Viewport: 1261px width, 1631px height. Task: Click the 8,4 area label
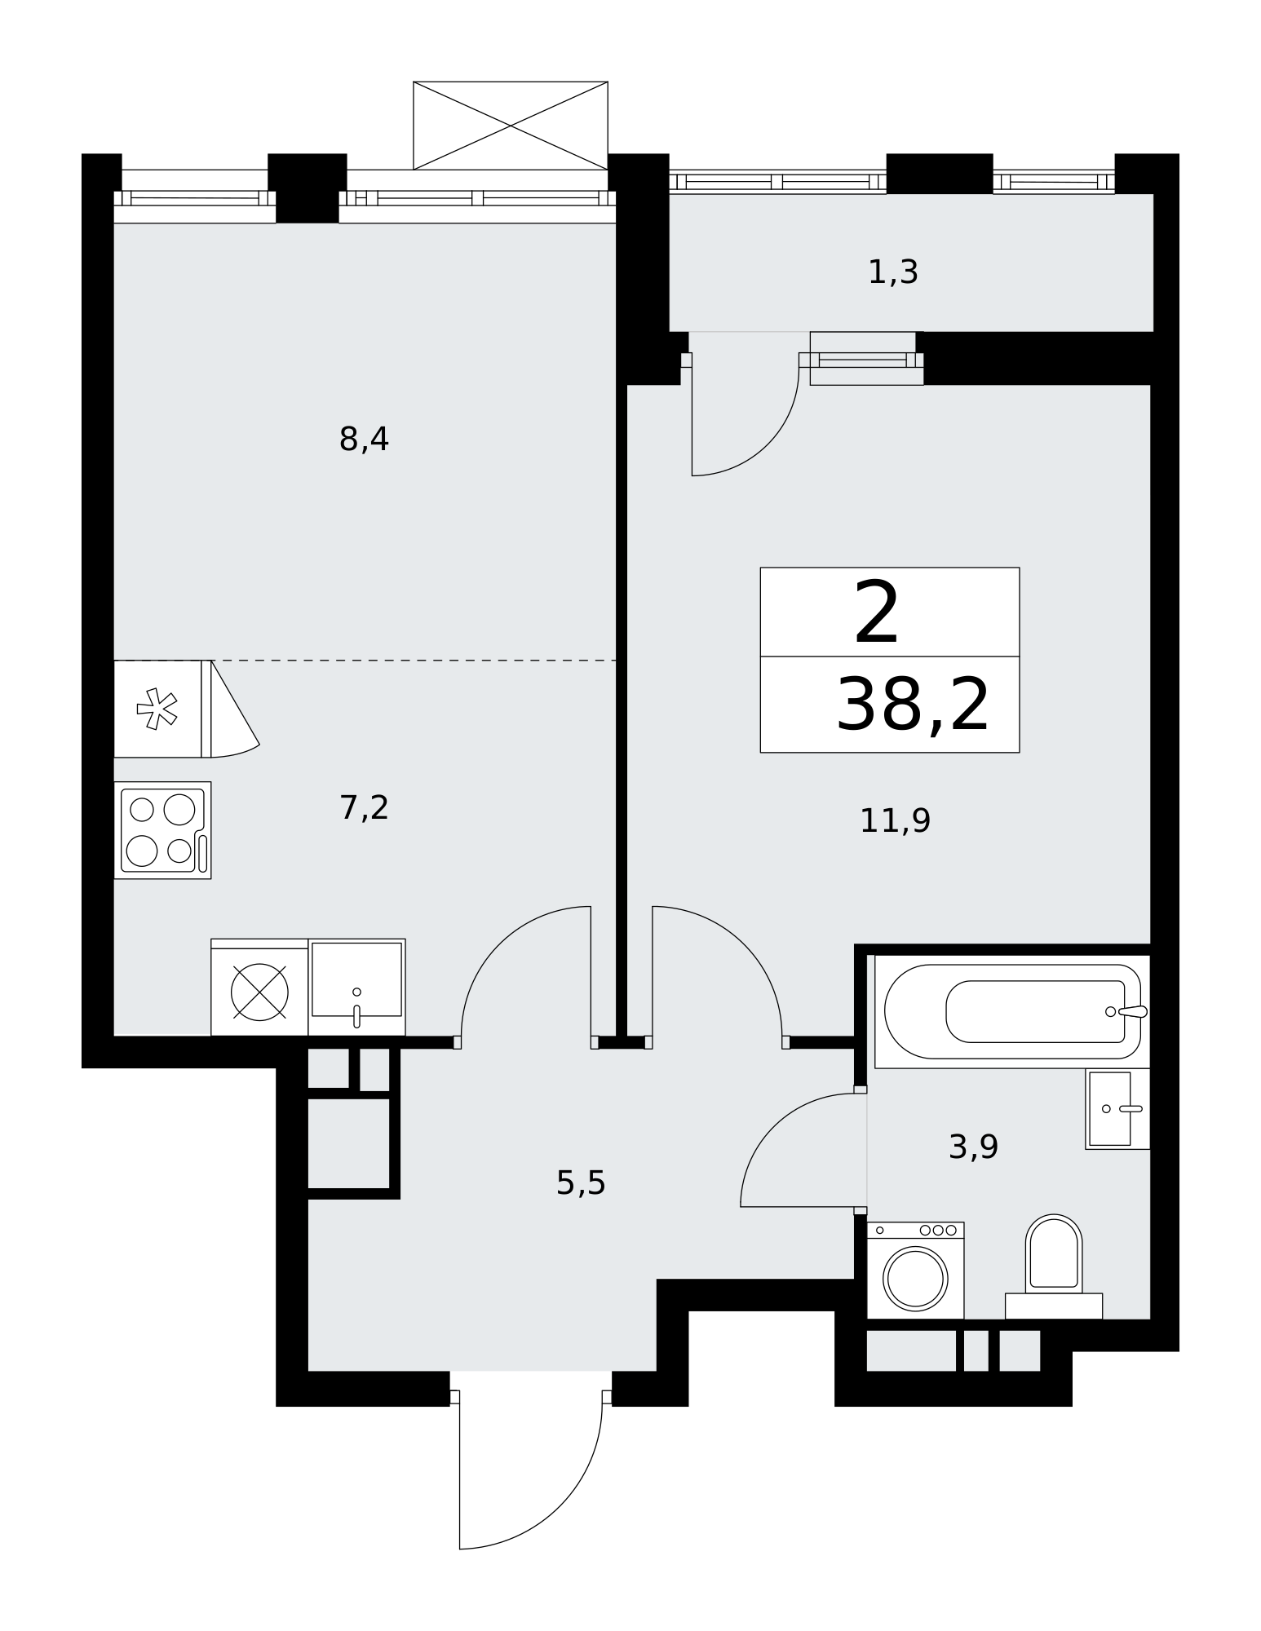tap(364, 440)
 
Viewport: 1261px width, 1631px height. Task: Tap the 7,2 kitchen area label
tap(364, 808)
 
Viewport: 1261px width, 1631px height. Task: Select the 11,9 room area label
tap(895, 820)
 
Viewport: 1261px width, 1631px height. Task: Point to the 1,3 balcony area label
tap(893, 272)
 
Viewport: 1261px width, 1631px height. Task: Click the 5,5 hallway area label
tap(581, 1183)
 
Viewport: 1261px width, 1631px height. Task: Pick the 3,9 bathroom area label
tap(973, 1147)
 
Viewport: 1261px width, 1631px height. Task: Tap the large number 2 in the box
tap(877, 612)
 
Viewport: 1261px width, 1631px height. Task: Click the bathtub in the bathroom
tap(1012, 1011)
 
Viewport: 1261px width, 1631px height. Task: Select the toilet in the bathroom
tap(1054, 1266)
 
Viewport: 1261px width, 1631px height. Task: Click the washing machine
tap(915, 1270)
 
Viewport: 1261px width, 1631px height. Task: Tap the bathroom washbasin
tap(1117, 1109)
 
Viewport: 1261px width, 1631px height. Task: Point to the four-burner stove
tap(162, 830)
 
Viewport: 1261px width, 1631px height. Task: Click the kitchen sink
tap(356, 987)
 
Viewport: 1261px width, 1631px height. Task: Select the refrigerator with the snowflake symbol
tap(162, 709)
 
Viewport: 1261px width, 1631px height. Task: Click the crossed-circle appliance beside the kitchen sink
tap(259, 991)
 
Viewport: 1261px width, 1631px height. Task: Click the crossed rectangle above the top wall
tap(511, 126)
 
